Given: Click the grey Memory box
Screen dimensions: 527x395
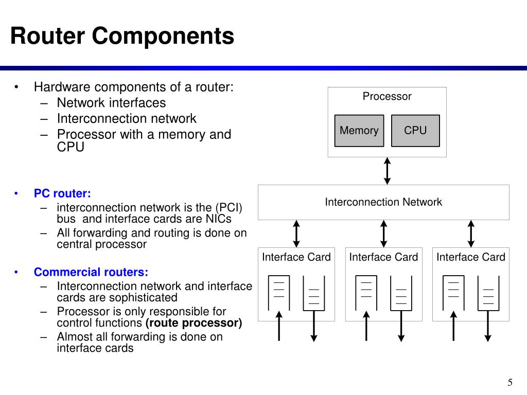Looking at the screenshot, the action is (359, 131).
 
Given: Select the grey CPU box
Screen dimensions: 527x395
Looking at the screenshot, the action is (415, 131).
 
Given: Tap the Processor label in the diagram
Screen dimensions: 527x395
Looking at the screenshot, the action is (387, 96).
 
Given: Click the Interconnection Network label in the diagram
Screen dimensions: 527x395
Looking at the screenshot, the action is (383, 202).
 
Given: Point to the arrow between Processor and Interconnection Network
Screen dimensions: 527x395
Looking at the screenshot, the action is (387, 171).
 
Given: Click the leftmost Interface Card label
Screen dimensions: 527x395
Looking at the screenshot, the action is (296, 257).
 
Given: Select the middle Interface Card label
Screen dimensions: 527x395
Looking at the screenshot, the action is (383, 257).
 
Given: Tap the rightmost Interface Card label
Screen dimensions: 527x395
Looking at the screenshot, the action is (470, 257).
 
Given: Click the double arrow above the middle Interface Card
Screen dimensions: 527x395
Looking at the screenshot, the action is (383, 234).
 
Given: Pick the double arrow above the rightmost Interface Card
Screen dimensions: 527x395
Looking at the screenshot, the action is (471, 234).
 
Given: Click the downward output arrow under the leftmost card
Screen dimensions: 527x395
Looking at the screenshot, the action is (314, 326).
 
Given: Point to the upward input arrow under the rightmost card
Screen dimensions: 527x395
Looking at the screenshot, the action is (453, 326).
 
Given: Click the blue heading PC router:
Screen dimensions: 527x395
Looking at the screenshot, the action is (62, 193).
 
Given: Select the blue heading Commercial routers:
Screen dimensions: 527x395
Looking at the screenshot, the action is (91, 272).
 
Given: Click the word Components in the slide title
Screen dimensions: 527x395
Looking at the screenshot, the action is (163, 36).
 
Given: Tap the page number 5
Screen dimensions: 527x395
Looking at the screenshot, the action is (510, 383).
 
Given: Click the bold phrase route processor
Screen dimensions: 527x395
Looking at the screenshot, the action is (194, 323).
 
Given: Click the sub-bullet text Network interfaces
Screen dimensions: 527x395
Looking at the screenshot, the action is (111, 103).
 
